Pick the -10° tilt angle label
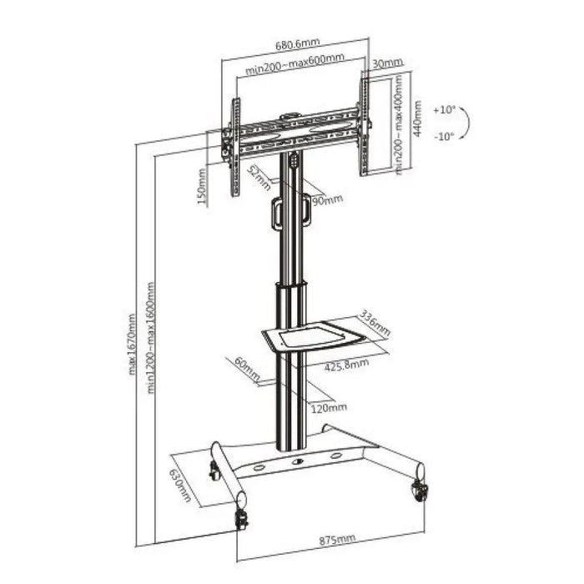(445, 135)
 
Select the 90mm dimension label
(327, 200)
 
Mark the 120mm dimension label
(329, 407)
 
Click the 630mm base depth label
(180, 486)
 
